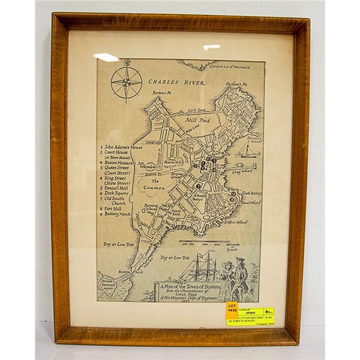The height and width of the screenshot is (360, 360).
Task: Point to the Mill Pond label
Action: click(x=200, y=120)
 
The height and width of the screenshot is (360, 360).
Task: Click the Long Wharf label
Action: click(x=242, y=172)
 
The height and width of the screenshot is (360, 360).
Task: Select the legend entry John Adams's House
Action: click(x=123, y=146)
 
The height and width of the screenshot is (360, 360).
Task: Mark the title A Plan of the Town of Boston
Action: click(x=190, y=287)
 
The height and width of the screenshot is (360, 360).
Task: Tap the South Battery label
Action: click(x=252, y=193)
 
